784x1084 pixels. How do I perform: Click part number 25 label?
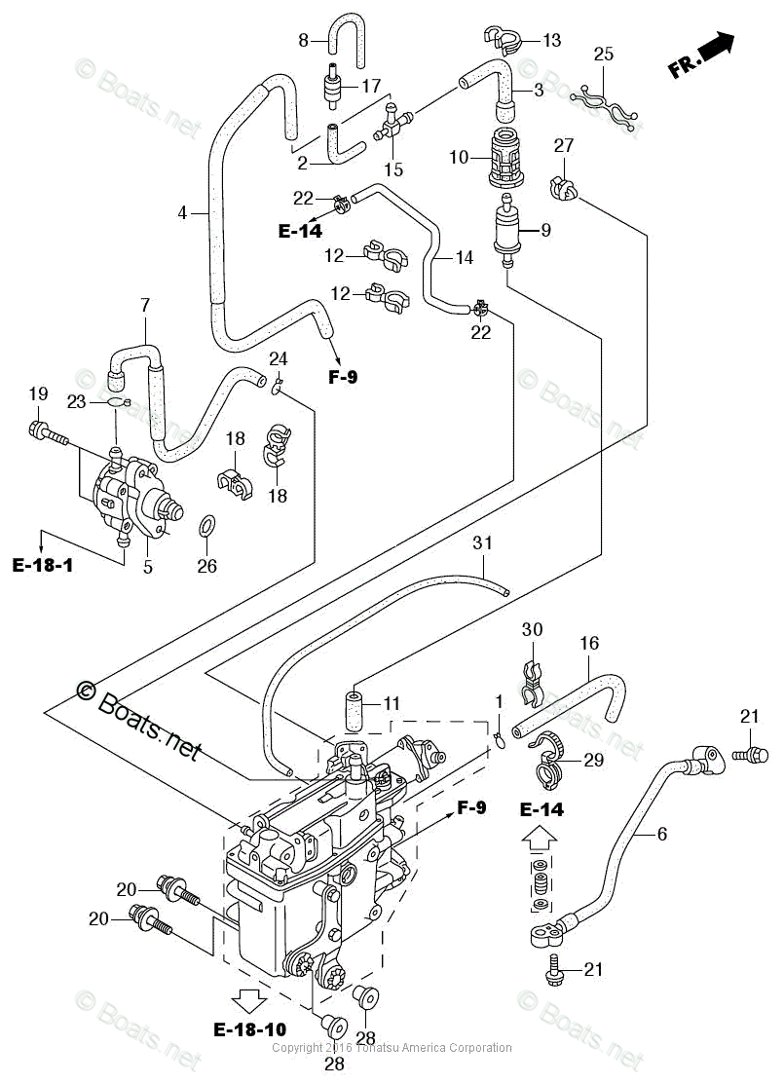coord(604,55)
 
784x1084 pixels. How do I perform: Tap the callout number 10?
coord(460,157)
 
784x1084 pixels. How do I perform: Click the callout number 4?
coord(182,211)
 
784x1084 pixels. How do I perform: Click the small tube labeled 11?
coord(353,709)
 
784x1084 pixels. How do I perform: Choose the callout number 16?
coord(589,644)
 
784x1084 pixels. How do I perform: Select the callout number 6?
coord(662,833)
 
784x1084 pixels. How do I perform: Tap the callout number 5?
coord(148,566)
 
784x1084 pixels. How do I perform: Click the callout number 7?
coord(145,305)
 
